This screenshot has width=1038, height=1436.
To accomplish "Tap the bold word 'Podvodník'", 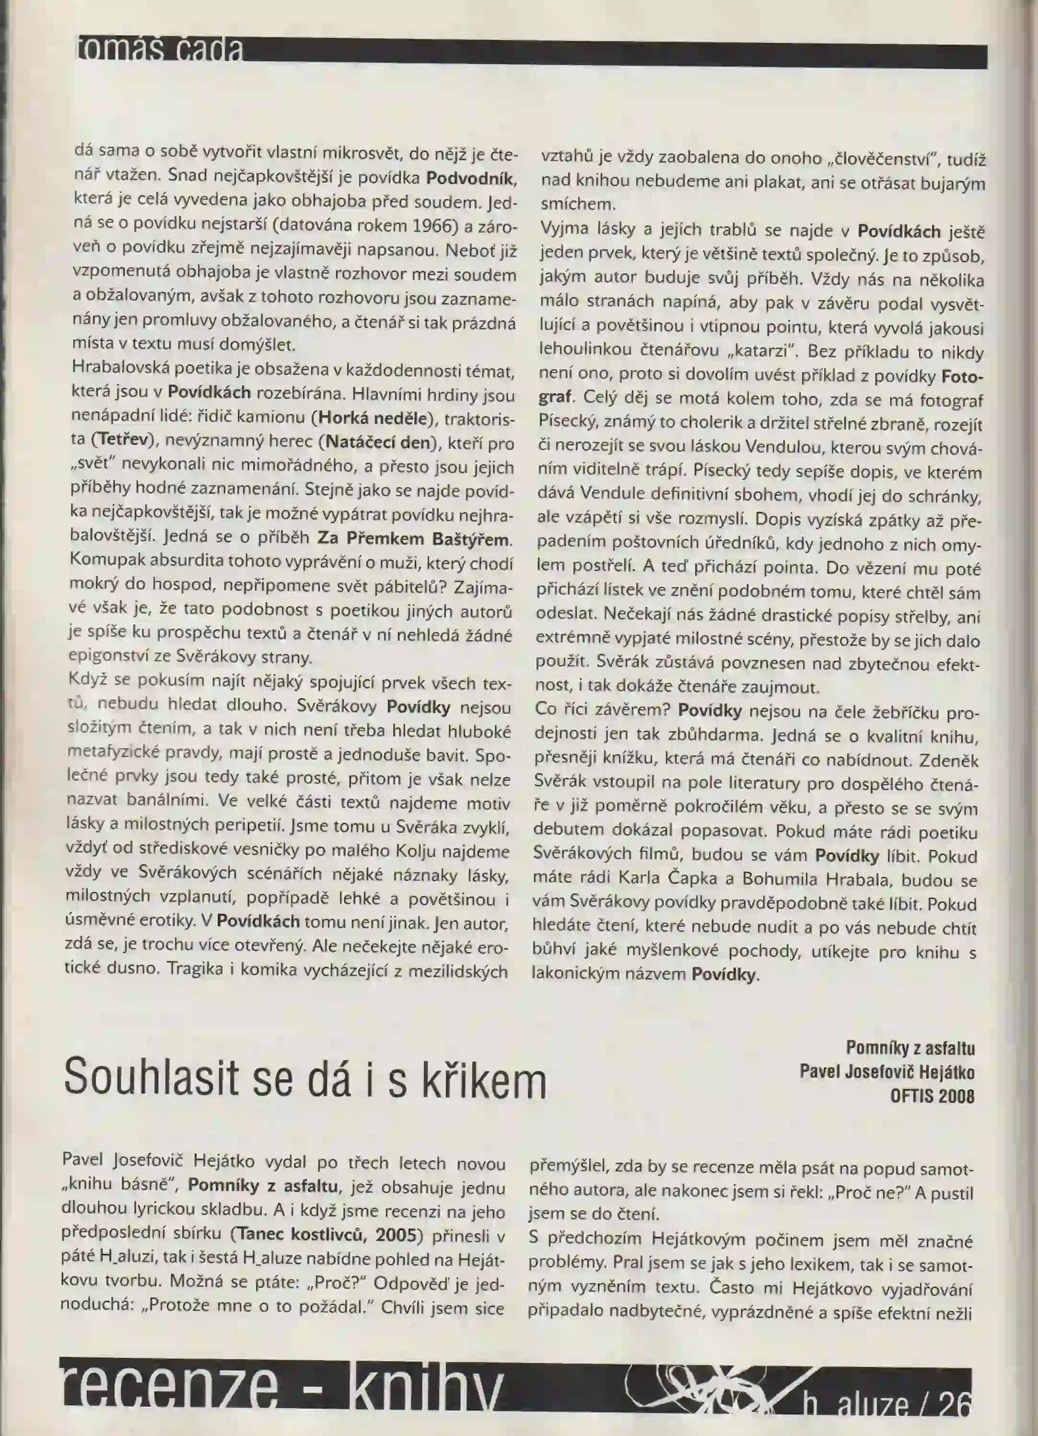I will click(472, 177).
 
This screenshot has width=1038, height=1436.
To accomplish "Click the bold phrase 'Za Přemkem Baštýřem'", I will click(413, 539).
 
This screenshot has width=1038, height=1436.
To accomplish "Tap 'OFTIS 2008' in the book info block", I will click(932, 1096).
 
